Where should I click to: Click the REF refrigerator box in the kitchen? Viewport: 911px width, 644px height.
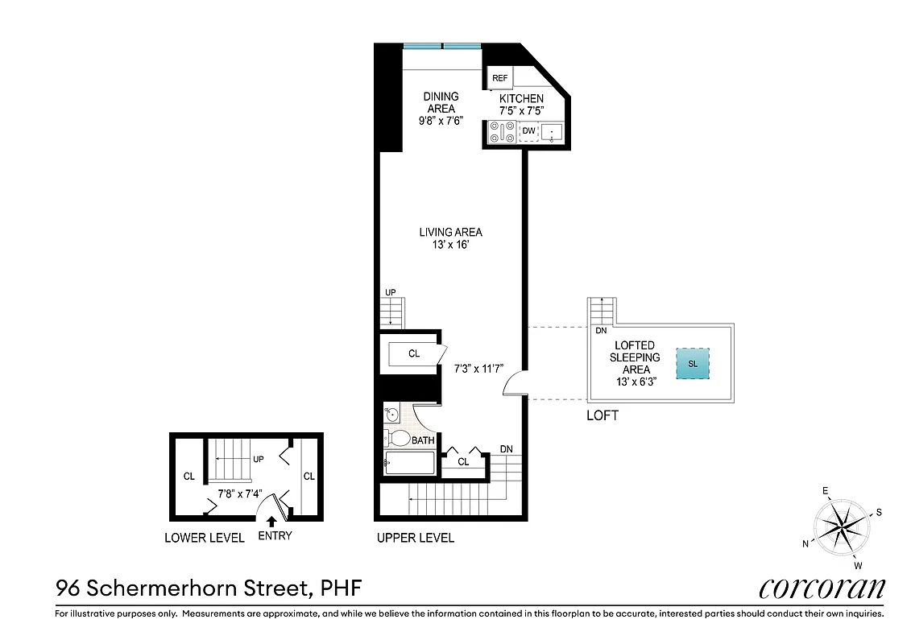[499, 78]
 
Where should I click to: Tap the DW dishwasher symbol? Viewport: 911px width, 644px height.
[528, 131]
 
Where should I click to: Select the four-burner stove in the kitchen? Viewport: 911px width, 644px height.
[502, 132]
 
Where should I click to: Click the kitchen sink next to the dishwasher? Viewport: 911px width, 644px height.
[553, 132]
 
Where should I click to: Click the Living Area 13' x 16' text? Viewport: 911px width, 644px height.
[450, 238]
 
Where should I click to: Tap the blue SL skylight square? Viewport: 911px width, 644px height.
[693, 364]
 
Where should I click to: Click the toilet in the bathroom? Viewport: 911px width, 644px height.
[397, 439]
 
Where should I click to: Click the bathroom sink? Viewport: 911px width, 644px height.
[391, 415]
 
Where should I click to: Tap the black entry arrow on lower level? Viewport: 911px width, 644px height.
[271, 522]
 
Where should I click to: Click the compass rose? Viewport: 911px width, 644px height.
[841, 528]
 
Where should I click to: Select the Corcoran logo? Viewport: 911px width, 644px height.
[822, 588]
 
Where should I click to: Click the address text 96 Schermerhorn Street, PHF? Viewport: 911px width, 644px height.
[208, 588]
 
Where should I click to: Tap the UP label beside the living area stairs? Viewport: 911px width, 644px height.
[391, 292]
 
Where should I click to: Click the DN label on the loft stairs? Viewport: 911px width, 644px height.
[600, 330]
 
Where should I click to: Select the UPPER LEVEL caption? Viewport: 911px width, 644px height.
[415, 538]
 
